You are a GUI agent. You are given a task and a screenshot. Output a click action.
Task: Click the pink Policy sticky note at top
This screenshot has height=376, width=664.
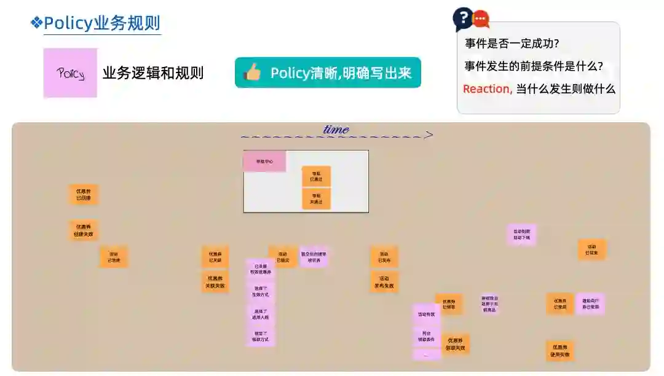(70, 73)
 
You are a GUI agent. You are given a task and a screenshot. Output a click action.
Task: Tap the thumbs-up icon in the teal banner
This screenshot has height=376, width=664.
(252, 72)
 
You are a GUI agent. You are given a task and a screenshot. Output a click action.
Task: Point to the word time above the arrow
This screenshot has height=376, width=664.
(336, 129)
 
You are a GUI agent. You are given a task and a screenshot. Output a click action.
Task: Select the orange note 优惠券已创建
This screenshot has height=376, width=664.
(83, 195)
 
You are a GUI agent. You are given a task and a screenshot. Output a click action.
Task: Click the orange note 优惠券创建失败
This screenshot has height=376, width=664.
(83, 230)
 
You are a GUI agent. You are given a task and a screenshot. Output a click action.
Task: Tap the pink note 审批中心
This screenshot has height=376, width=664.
(264, 162)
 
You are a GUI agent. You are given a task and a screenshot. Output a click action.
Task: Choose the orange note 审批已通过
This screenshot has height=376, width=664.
(316, 176)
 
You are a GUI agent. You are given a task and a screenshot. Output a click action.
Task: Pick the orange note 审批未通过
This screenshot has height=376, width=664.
(316, 198)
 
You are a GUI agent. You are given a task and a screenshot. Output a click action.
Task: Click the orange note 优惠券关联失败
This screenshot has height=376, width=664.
(215, 282)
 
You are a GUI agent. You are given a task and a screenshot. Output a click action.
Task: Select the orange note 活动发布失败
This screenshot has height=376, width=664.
(384, 282)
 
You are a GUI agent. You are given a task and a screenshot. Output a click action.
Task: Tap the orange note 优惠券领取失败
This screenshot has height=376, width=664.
(455, 344)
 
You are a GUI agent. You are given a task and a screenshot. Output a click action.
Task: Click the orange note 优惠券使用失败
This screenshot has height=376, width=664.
(560, 351)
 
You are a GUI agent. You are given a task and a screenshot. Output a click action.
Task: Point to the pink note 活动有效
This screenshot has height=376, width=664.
(427, 314)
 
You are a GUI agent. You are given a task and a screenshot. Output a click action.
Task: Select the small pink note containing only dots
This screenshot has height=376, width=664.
(427, 354)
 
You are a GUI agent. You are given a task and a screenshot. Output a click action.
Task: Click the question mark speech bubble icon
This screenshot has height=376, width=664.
(462, 18)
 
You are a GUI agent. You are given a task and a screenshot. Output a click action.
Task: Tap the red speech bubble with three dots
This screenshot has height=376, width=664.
(481, 20)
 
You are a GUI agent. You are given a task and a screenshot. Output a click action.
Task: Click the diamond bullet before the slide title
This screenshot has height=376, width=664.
(36, 23)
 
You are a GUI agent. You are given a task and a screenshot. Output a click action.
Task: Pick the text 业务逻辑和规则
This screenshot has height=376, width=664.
(152, 73)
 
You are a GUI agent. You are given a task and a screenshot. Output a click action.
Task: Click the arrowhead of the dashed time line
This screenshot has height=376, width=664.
(429, 135)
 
